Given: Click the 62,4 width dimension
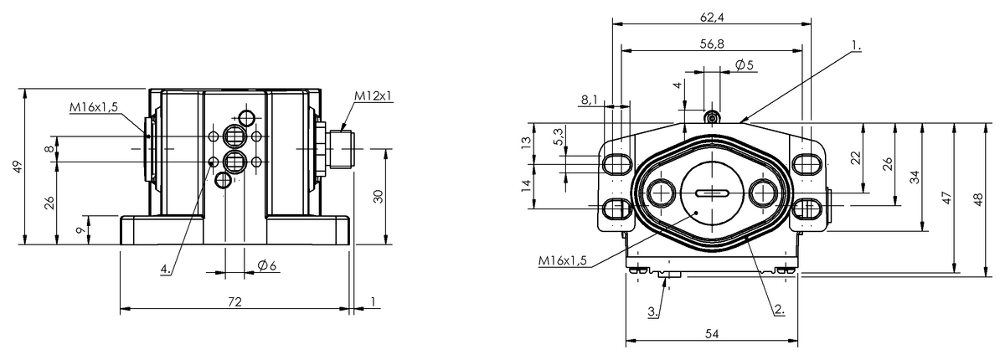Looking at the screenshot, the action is pos(712,17).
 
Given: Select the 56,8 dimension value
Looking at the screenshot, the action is pos(712,44).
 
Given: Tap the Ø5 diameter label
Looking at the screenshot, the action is pos(745,65).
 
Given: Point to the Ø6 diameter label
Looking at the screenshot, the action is pos(267,265).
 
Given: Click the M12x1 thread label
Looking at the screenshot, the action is pos(374,95).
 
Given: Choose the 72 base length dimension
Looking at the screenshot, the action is pos(234,301).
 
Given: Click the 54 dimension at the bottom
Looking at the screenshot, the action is pos(712,334).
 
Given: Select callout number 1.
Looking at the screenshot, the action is pos(856,46).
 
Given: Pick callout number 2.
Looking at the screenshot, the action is pos(780,309).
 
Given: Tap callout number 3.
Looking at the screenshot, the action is pos(653,311).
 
